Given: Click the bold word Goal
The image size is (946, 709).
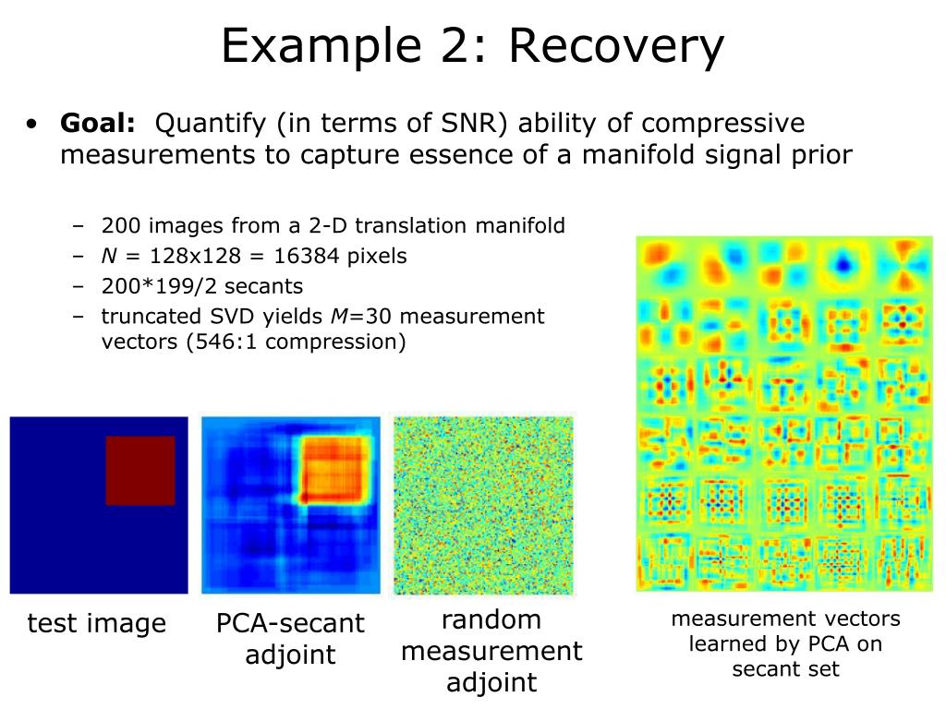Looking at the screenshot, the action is [97, 124].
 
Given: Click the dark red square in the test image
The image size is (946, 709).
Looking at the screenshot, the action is [139, 471].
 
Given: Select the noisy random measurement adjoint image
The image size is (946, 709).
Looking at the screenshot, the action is [483, 505].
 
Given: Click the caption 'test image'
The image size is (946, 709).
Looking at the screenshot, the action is [97, 625].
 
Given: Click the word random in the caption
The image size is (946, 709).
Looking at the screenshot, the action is [491, 619].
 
